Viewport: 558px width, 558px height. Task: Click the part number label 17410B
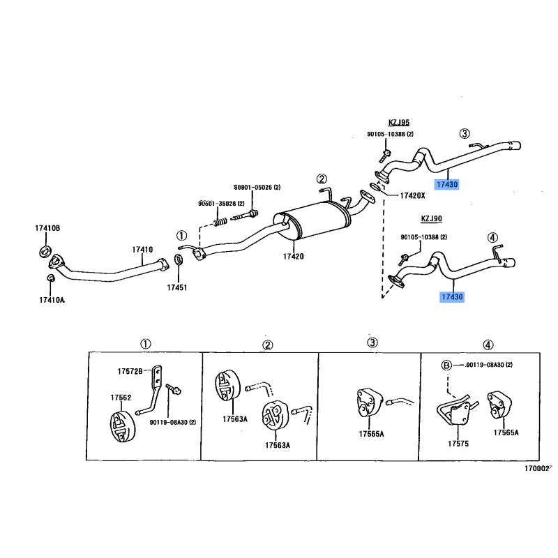[x=47, y=228]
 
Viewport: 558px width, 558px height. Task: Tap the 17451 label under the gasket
[x=177, y=287]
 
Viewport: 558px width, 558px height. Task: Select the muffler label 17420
[x=293, y=256]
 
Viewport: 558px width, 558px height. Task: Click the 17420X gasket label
[x=412, y=195]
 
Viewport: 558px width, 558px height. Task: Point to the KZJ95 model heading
[x=398, y=123]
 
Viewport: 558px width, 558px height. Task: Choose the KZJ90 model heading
[x=431, y=218]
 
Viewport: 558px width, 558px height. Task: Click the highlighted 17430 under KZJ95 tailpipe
[x=447, y=184]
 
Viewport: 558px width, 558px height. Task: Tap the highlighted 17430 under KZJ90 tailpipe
[x=452, y=297]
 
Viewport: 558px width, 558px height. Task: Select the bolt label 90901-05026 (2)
[x=257, y=187]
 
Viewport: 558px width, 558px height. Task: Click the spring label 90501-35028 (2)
[x=221, y=204]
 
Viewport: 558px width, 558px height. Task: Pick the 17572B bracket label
[x=130, y=372]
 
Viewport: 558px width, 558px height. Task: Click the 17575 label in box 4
[x=458, y=444]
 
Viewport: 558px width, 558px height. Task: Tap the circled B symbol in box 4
[x=446, y=365]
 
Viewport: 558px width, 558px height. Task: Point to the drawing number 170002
[x=537, y=469]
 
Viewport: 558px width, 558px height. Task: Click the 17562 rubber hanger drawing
[x=123, y=426]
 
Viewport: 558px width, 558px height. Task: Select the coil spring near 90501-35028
[x=220, y=222]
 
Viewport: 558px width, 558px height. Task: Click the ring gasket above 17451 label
[x=179, y=259]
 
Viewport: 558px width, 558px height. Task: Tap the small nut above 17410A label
[x=51, y=278]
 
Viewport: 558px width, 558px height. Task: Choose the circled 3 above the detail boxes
[x=372, y=342]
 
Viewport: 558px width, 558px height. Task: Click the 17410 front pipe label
[x=142, y=250]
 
